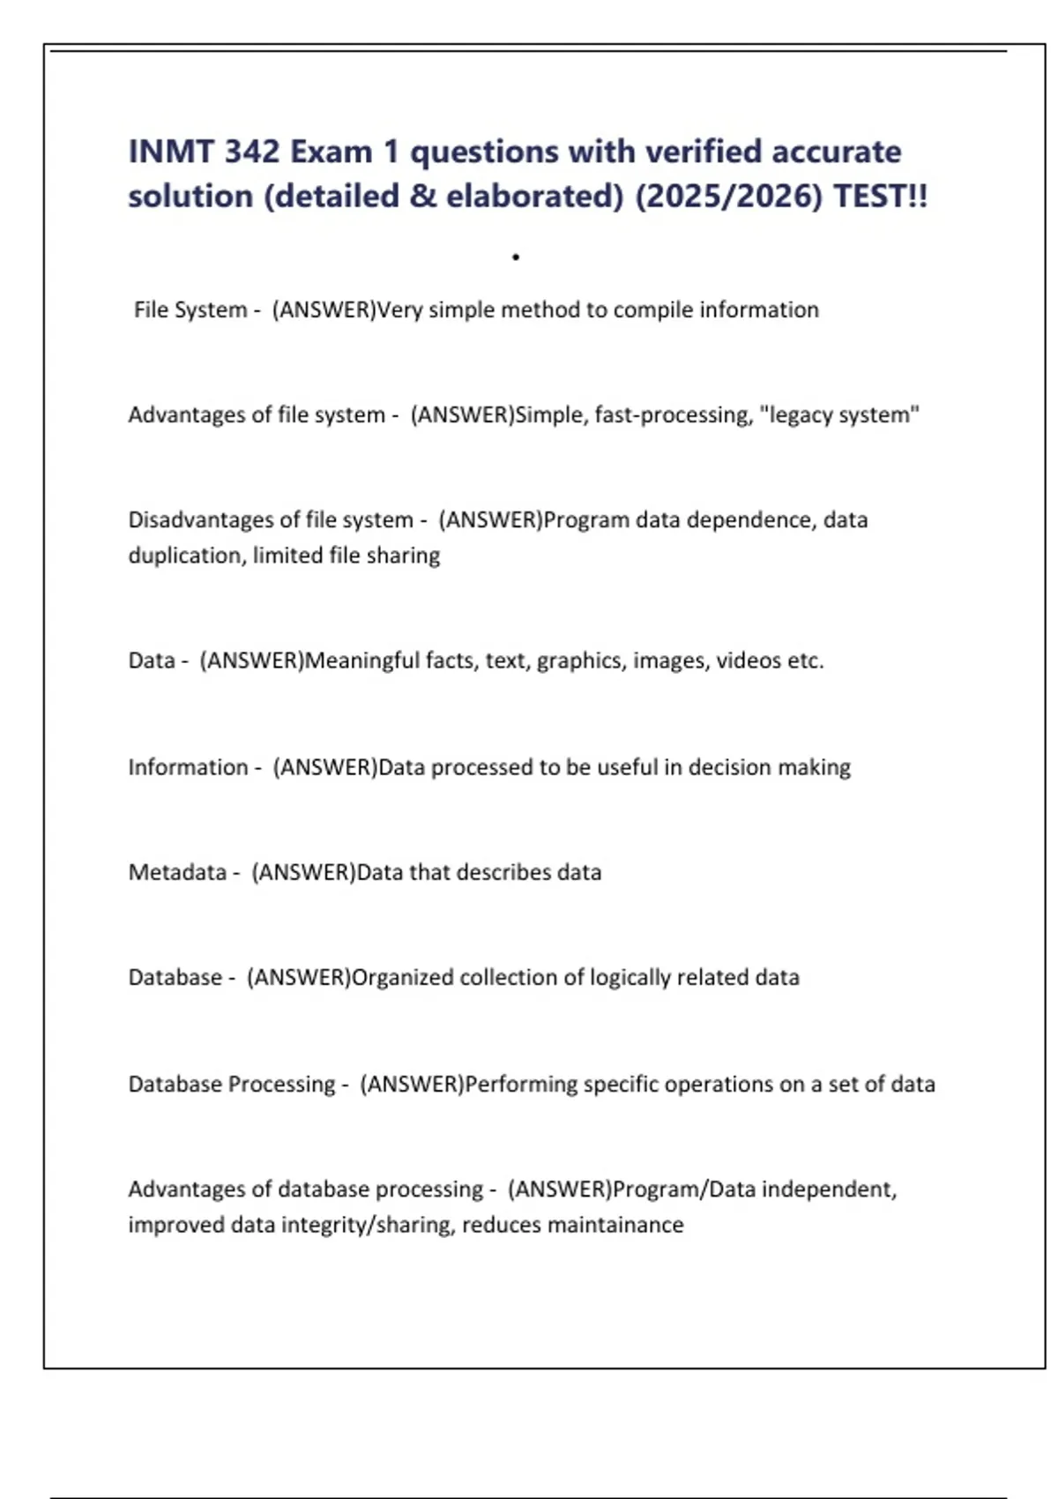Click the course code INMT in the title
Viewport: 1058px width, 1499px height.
(171, 152)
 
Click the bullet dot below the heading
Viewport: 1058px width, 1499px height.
(516, 257)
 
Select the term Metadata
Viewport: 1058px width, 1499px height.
(177, 872)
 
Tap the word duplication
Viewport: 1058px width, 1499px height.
(184, 556)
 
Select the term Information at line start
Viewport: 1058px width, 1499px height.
(188, 767)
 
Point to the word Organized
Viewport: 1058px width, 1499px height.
(402, 977)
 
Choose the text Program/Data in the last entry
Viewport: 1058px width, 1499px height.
(684, 1190)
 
